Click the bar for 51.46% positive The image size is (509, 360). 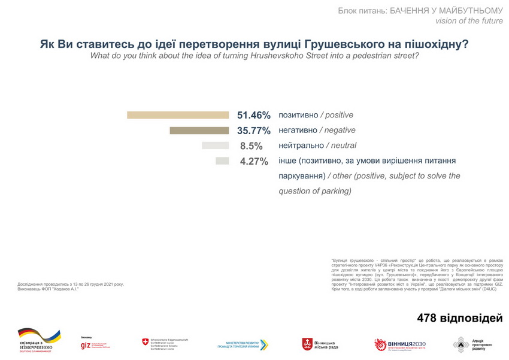[x=178, y=115]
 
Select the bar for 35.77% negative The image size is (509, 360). [x=199, y=131]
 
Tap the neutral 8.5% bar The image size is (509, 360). [x=216, y=146]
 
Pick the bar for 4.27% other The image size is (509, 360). [x=222, y=161]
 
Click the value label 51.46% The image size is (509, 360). [x=254, y=115]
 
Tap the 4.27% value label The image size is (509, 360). [x=254, y=161]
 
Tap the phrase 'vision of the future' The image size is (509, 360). [x=469, y=21]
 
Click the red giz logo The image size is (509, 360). [x=87, y=346]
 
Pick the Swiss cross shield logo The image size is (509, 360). [x=145, y=342]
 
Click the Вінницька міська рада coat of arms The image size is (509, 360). [x=307, y=344]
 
